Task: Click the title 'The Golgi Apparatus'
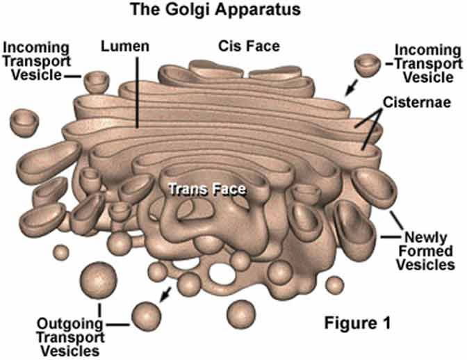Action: coord(233,10)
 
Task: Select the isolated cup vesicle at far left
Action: coord(26,119)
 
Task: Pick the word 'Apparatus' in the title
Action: coord(266,10)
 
